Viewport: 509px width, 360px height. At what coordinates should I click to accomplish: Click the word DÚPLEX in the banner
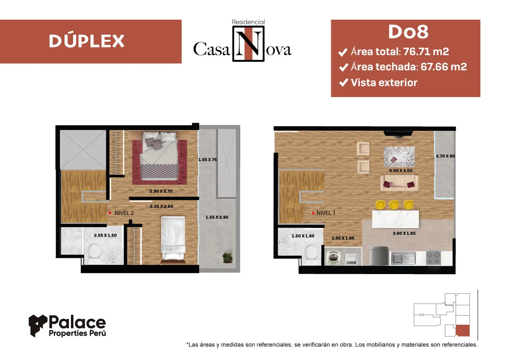click(x=87, y=41)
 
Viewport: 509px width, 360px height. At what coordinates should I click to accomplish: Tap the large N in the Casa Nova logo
click(x=248, y=44)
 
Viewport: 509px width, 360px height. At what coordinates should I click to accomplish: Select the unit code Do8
click(x=409, y=32)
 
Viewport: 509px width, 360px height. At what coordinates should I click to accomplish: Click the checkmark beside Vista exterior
click(x=344, y=83)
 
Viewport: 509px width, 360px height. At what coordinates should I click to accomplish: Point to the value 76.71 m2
click(x=426, y=51)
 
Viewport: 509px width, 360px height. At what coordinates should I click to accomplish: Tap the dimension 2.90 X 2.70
click(x=161, y=191)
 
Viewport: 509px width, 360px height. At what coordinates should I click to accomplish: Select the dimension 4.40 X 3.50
click(x=400, y=171)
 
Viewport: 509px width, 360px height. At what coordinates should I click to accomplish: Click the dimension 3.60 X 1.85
click(x=404, y=233)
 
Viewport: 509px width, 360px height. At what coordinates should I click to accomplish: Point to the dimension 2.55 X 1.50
click(x=105, y=235)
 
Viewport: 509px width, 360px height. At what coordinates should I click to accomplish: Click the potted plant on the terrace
click(x=227, y=258)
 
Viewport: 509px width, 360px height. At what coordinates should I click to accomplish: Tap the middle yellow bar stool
click(x=394, y=205)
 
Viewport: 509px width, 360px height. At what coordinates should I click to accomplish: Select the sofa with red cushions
click(x=399, y=183)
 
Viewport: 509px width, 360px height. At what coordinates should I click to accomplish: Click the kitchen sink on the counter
click(x=403, y=258)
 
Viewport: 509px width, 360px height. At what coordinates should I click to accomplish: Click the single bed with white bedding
click(x=174, y=239)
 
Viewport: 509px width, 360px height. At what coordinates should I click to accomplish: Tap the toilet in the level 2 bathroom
click(x=94, y=254)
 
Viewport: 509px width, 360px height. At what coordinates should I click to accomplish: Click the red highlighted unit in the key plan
click(x=462, y=331)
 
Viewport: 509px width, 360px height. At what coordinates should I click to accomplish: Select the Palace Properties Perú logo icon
click(x=38, y=325)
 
